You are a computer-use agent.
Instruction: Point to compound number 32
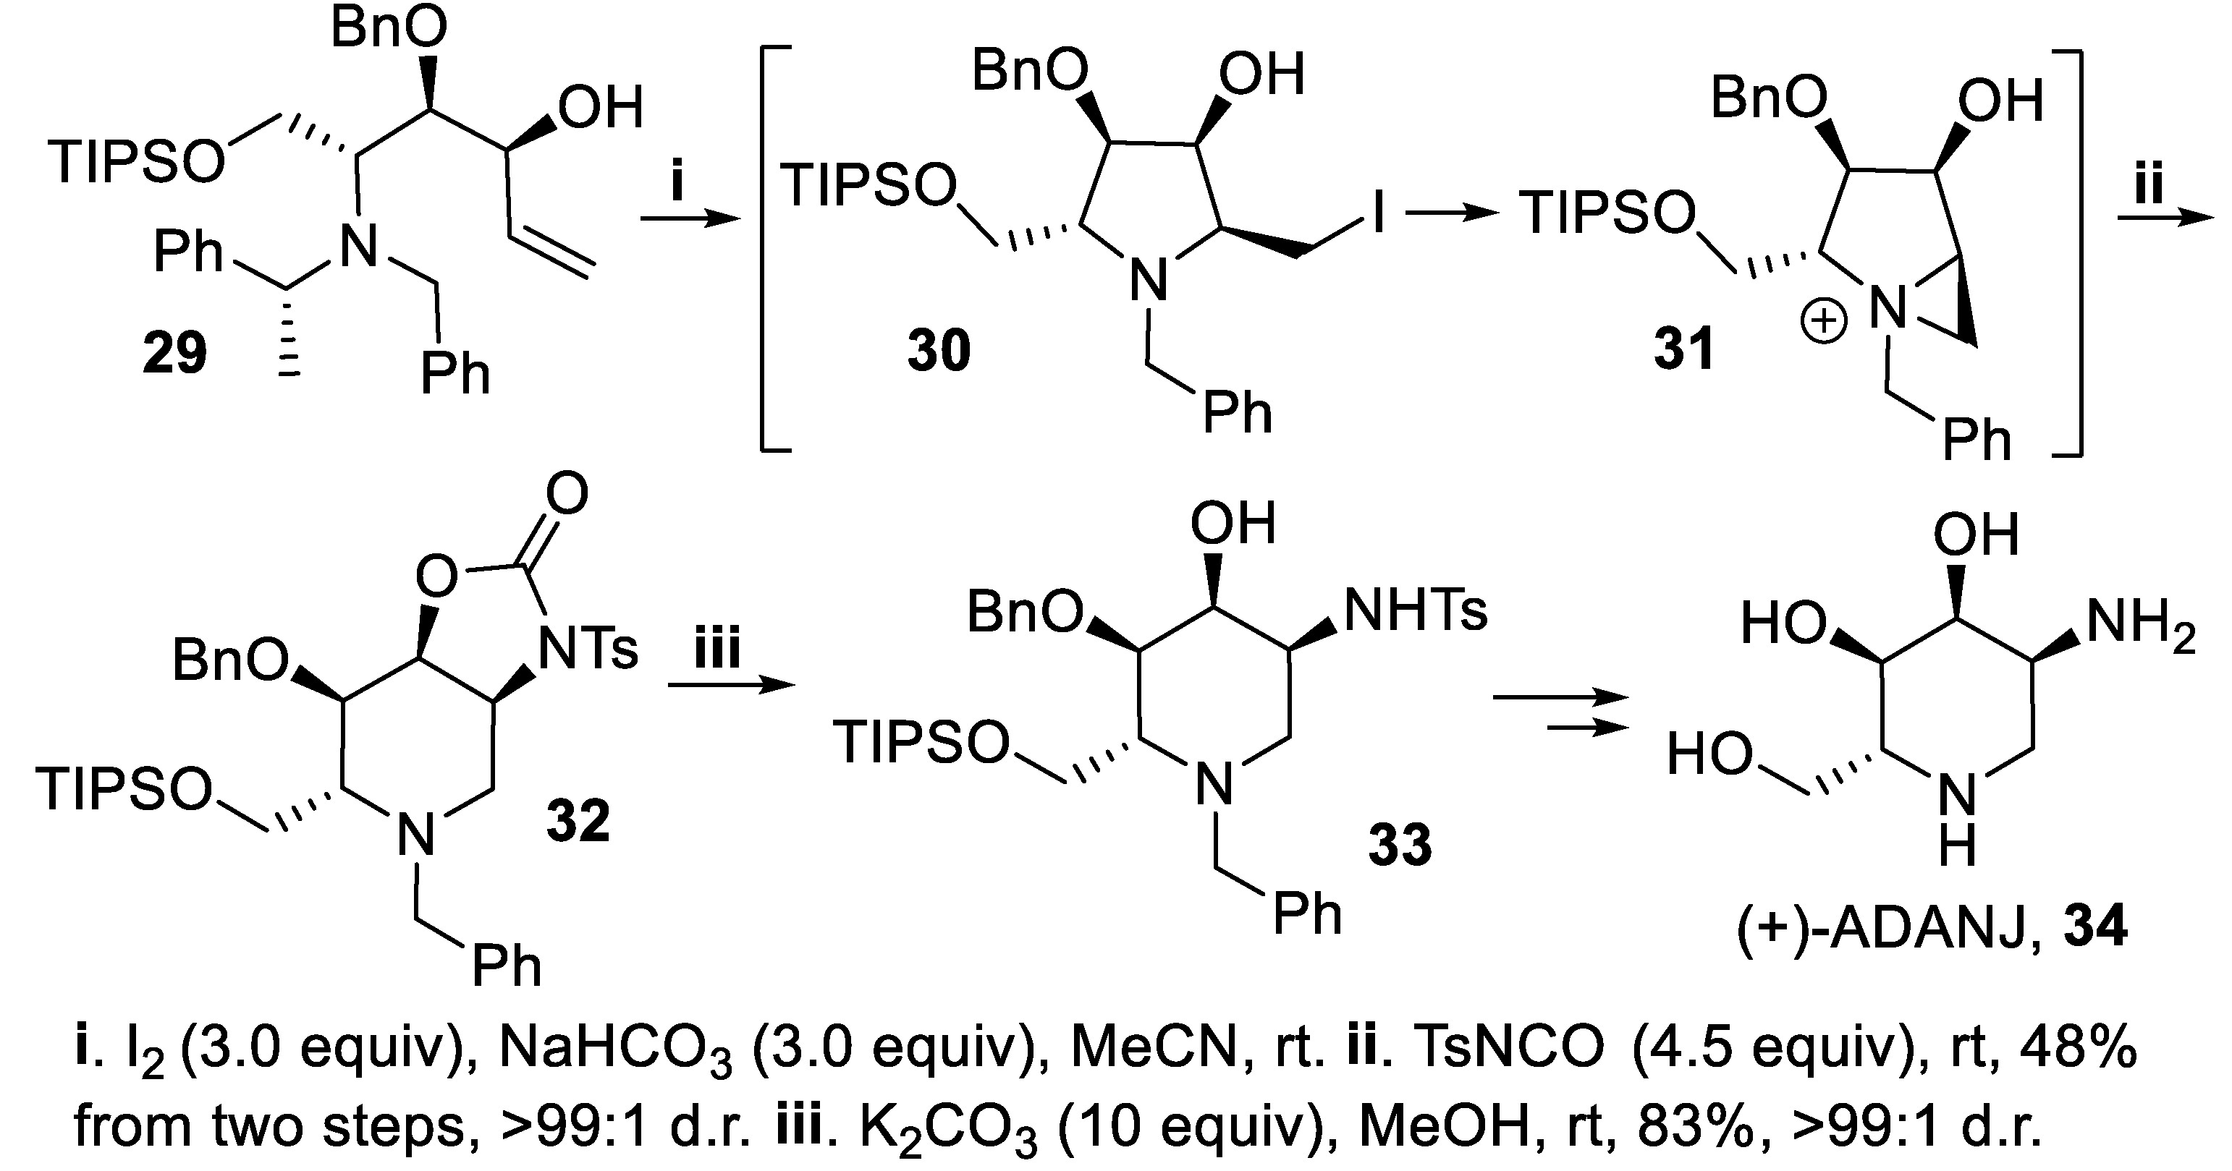coord(578,820)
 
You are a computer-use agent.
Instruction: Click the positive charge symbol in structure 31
coord(1823,323)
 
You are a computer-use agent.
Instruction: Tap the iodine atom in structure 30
coord(1378,212)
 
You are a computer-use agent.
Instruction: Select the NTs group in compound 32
coord(588,649)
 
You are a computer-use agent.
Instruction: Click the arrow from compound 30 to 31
coord(1451,214)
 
